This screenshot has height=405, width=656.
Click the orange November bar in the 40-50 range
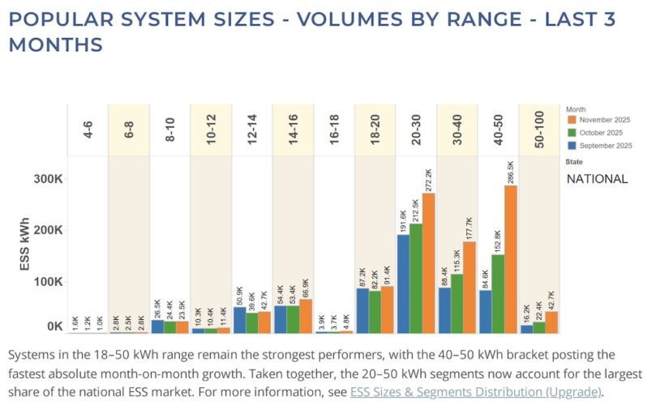(511, 259)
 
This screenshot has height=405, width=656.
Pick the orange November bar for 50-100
(551, 322)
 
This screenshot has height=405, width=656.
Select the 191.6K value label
(402, 220)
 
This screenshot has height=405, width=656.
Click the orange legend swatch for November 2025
(571, 120)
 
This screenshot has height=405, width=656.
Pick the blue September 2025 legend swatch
(571, 146)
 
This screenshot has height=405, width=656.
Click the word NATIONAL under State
(597, 179)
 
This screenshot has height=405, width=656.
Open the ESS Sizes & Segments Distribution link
(475, 391)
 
